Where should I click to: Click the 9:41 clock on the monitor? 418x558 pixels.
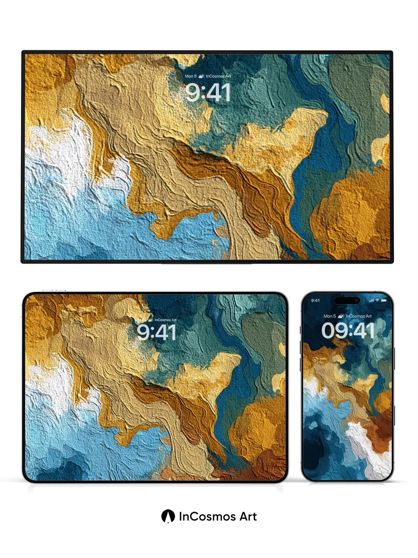tap(208, 93)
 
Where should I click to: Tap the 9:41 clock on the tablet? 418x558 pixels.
tap(157, 332)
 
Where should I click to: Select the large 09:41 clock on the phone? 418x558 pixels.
tap(348, 330)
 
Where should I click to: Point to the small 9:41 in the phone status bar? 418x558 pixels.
tap(316, 301)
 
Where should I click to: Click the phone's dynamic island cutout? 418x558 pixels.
tap(347, 301)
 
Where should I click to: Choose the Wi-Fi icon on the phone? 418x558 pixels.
tap(377, 301)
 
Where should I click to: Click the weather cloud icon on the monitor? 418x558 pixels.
tap(202, 76)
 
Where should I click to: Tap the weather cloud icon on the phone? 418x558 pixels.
tap(341, 316)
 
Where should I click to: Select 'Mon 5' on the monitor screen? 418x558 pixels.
tap(191, 76)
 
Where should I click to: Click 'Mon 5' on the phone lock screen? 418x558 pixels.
tap(330, 316)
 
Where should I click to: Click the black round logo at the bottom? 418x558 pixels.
tap(168, 516)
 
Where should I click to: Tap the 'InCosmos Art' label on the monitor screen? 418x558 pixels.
tap(218, 76)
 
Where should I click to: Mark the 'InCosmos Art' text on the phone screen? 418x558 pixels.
tap(358, 316)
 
